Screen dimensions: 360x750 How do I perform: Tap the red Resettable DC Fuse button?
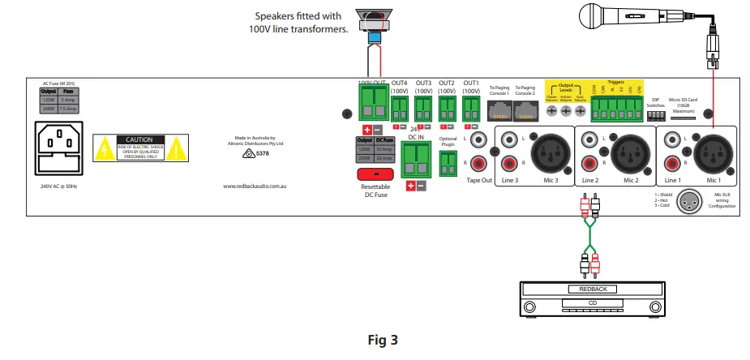(x=375, y=174)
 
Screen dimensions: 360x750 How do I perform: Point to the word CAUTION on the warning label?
(x=134, y=139)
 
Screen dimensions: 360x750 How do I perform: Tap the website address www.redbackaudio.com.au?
(x=255, y=186)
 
